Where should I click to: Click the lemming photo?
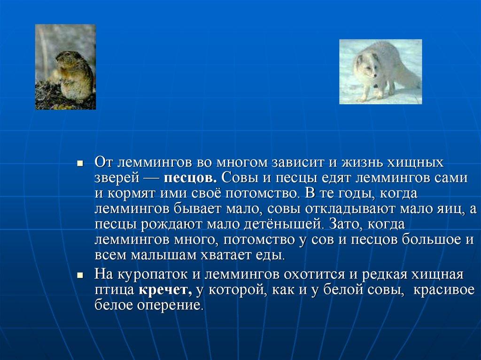pyautogui.click(x=65, y=67)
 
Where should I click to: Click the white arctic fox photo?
pyautogui.click(x=380, y=72)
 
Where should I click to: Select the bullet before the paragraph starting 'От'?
pyautogui.click(x=80, y=163)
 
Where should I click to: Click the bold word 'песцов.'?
pyautogui.click(x=190, y=178)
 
